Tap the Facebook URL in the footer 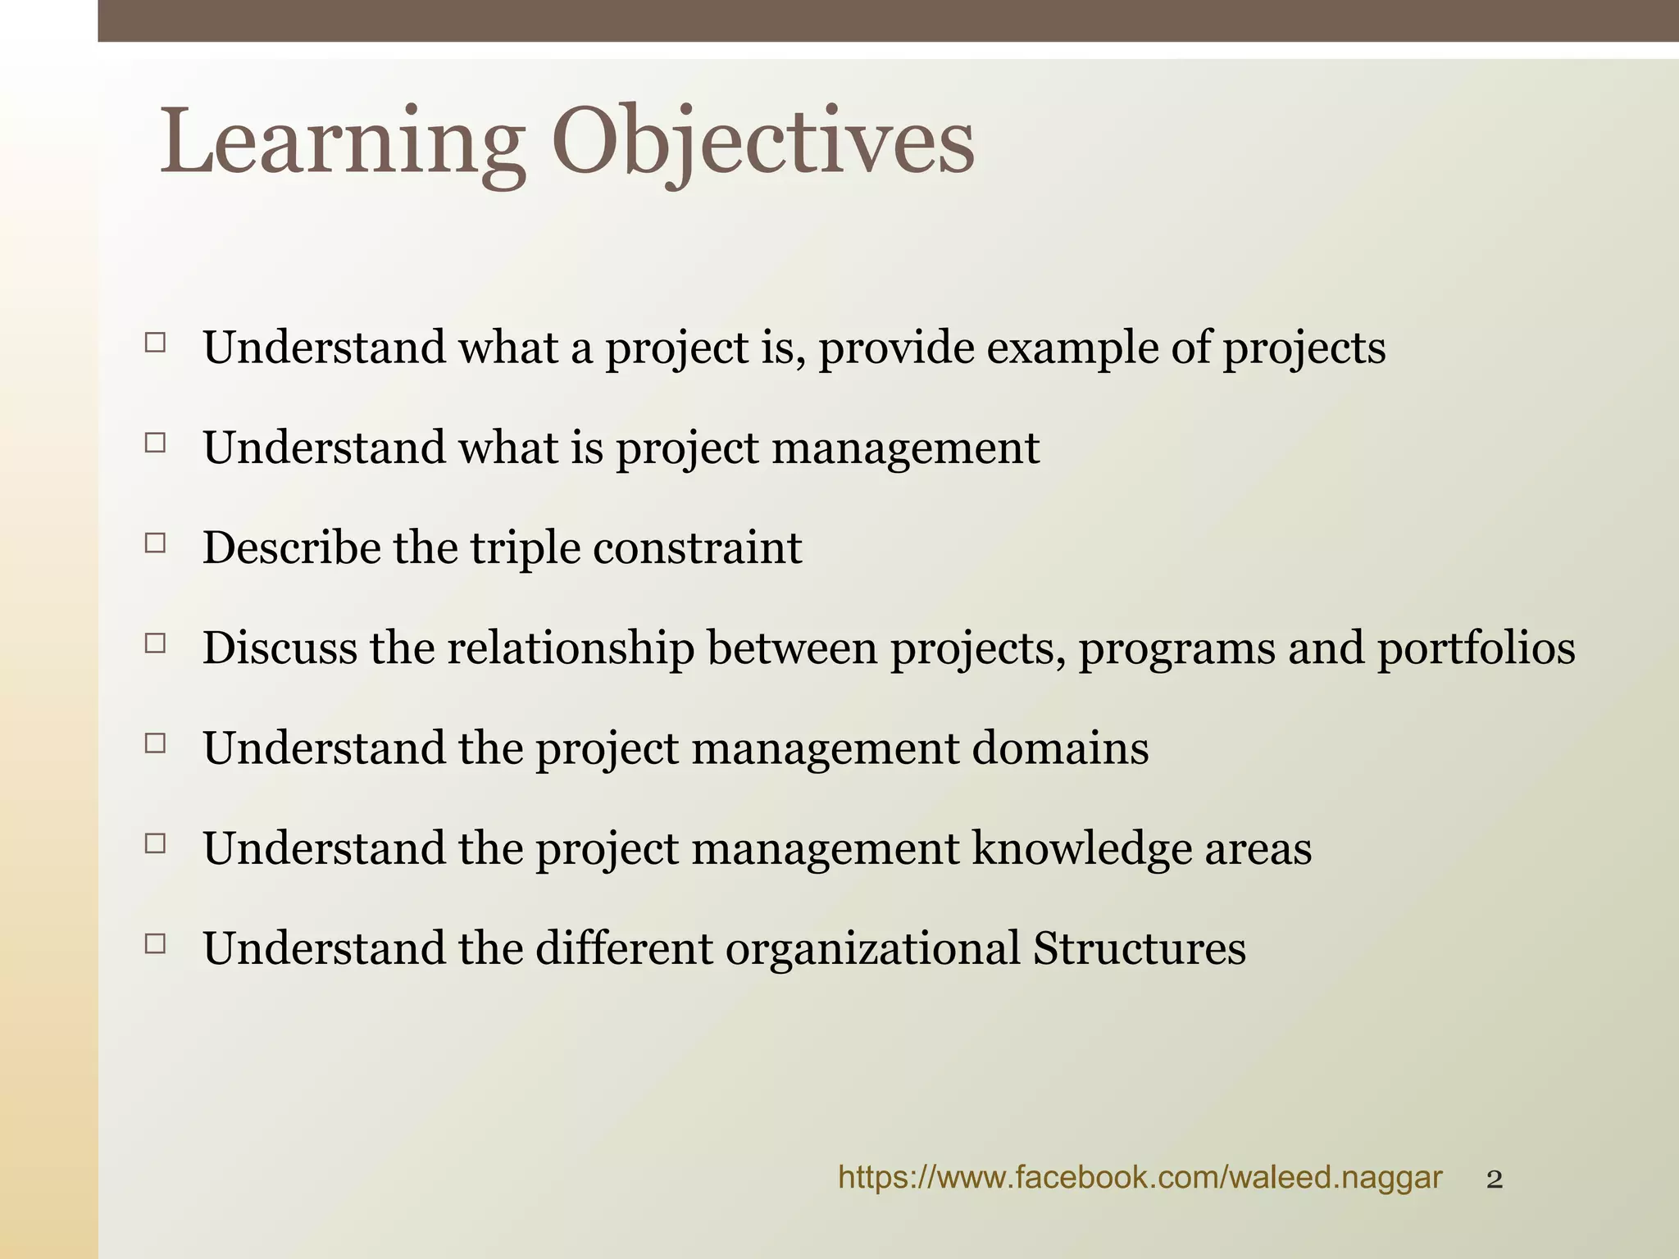point(1140,1178)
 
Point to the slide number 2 point(1495,1180)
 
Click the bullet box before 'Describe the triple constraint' point(155,543)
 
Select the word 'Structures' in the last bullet point(1140,948)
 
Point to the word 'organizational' point(872,948)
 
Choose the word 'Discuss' point(280,648)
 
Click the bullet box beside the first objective point(155,343)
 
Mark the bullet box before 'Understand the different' point(155,943)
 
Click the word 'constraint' point(697,548)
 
